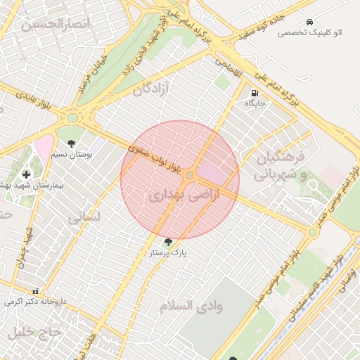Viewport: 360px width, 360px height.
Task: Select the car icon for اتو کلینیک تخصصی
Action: click(x=310, y=22)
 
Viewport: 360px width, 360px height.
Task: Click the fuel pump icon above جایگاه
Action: click(x=254, y=92)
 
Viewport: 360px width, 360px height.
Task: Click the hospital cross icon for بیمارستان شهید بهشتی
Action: click(x=27, y=174)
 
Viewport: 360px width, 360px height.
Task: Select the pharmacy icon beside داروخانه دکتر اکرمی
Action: click(x=35, y=291)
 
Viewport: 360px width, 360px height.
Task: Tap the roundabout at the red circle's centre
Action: click(x=190, y=175)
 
